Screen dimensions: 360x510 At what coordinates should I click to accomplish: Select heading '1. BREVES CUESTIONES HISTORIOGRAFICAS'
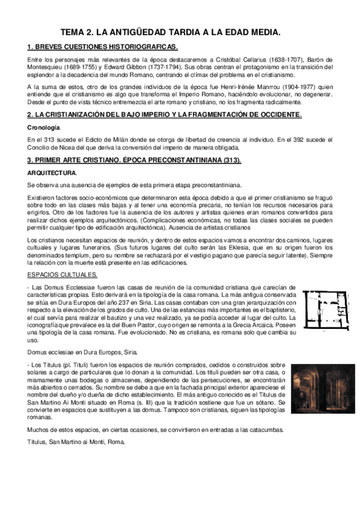pos(103,47)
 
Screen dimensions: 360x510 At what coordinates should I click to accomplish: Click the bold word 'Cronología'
pos(44,127)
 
